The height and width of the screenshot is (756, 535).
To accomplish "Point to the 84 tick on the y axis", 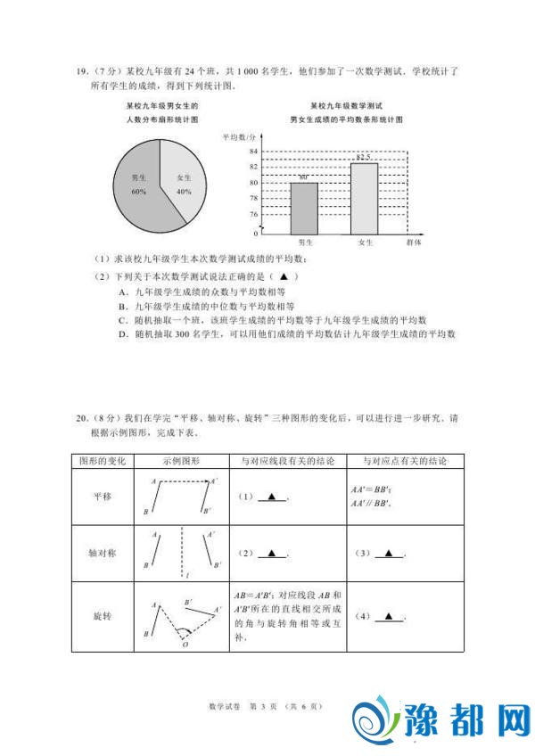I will [x=254, y=152].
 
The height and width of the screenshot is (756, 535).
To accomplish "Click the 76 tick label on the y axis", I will [x=254, y=215].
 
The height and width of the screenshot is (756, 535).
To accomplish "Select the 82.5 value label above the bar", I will [x=364, y=158].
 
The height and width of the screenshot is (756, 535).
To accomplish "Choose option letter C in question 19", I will [x=122, y=319].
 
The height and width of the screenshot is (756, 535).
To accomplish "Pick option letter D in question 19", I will [x=122, y=333].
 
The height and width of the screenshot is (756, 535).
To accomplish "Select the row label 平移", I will [x=104, y=497].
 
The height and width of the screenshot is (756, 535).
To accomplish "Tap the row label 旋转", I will [x=104, y=616].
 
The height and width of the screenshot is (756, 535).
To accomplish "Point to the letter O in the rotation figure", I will [x=185, y=645].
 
